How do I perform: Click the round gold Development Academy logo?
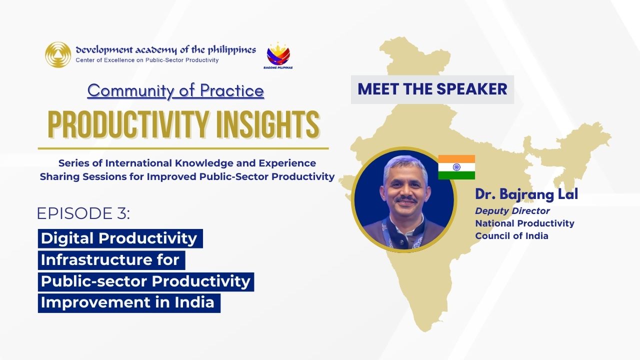point(58,54)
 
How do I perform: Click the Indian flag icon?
point(456,167)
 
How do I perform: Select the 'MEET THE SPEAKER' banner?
point(432,89)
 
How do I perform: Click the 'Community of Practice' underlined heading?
point(175,90)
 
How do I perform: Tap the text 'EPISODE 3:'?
point(83,213)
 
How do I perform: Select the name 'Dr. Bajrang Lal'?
point(526,194)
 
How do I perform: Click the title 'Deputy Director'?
point(512,211)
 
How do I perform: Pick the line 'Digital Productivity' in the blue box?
point(119,238)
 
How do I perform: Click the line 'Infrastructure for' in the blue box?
point(110,260)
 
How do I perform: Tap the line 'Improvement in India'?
point(128,302)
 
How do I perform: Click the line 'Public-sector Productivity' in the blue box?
point(145,281)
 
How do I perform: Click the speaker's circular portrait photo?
point(404,199)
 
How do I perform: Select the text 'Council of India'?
point(511,236)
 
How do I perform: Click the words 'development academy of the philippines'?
point(165,49)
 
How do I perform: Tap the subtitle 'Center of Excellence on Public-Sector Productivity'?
point(147,60)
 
